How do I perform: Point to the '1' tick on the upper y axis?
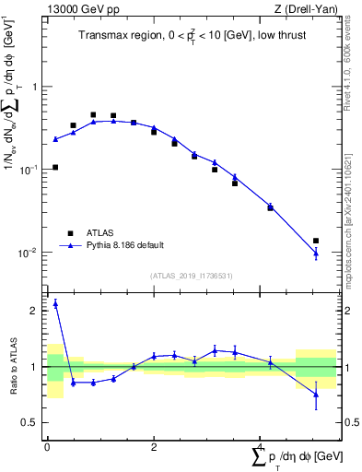[x=38, y=87]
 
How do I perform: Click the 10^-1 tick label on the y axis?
[x=33, y=170]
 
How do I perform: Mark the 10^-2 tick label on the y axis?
[x=33, y=253]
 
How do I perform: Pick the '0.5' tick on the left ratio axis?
[x=34, y=422]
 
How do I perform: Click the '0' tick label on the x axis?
[x=47, y=447]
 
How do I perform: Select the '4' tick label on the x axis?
[x=261, y=447]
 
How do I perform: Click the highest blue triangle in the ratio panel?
[x=55, y=303]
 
